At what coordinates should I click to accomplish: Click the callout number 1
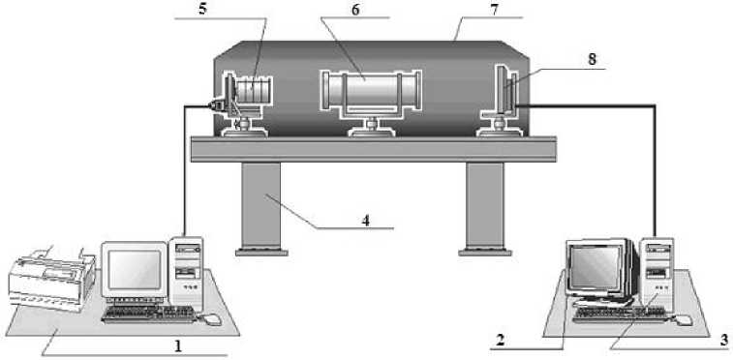pyautogui.click(x=177, y=346)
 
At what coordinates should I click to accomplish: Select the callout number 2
pyautogui.click(x=501, y=341)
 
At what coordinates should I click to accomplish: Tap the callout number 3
pyautogui.click(x=723, y=340)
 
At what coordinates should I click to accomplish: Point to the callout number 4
pyautogui.click(x=366, y=220)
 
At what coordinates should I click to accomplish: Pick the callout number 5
pyautogui.click(x=202, y=10)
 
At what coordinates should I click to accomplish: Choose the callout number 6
pyautogui.click(x=355, y=10)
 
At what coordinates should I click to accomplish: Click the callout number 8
pyautogui.click(x=593, y=60)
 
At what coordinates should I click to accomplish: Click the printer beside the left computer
pyautogui.click(x=51, y=280)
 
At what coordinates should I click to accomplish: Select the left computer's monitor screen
pyautogui.click(x=135, y=270)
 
